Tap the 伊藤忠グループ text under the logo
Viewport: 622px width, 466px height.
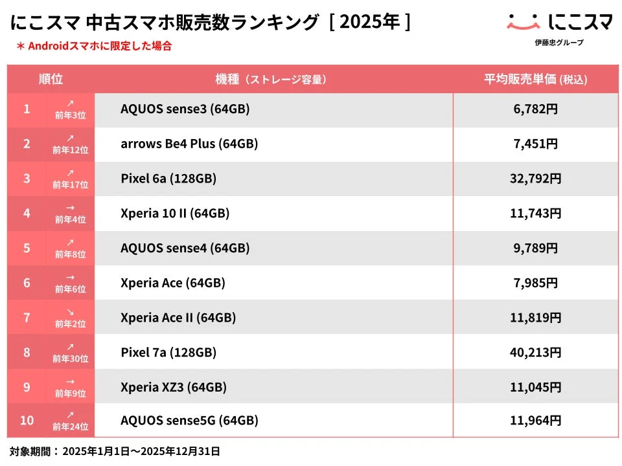tap(559, 43)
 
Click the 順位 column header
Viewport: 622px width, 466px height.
tap(51, 80)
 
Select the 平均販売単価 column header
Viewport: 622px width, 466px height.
tap(535, 80)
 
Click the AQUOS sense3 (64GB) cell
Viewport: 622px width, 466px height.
tap(185, 109)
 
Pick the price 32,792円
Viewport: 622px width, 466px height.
tap(535, 179)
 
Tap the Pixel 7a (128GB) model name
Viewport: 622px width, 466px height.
tap(168, 353)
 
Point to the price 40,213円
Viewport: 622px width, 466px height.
tap(535, 353)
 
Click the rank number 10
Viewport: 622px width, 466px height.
tap(27, 421)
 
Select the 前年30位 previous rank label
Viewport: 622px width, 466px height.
tap(71, 358)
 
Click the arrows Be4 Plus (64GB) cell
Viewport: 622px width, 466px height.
tap(189, 144)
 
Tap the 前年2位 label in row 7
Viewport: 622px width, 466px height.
tap(71, 324)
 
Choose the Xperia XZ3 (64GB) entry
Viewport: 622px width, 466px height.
tap(174, 387)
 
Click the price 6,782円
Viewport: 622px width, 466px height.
tap(535, 109)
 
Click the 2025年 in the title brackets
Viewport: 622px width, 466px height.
tap(369, 22)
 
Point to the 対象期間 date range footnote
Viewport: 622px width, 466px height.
tap(115, 451)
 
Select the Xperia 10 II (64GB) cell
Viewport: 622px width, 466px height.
tap(175, 213)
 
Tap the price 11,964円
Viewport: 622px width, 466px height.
tap(535, 421)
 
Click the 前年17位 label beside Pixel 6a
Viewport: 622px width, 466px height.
tap(71, 184)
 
